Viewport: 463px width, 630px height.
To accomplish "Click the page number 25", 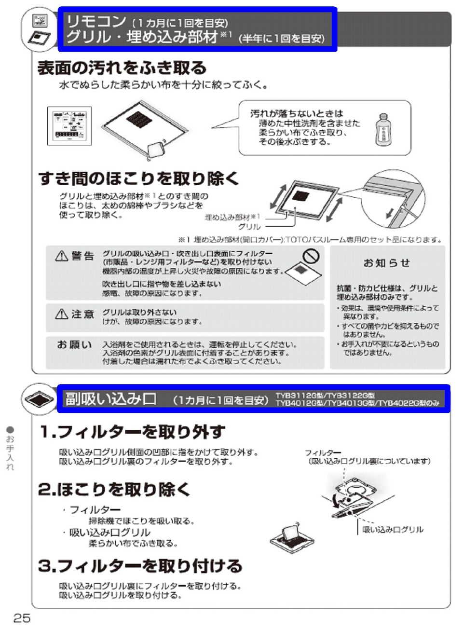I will coord(22,618).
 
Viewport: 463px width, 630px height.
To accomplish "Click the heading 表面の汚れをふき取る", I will coord(122,68).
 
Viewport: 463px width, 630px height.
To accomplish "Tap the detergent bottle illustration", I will coord(382,129).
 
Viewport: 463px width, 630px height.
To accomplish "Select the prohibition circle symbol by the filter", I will coord(311,256).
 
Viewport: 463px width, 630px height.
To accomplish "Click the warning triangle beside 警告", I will coord(62,256).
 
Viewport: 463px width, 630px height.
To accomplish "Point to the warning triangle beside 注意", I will coord(62,315).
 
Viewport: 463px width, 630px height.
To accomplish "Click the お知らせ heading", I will coord(387,263).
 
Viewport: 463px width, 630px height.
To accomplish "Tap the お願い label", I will coord(74,344).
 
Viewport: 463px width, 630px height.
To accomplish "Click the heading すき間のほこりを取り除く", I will coord(139,178).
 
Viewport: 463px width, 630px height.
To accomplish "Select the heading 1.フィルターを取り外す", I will coord(132,431).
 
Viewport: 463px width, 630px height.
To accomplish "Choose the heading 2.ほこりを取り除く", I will coord(114,489).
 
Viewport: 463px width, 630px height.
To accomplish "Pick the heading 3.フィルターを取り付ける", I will coord(140,565).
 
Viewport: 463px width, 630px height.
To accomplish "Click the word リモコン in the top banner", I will coord(96,21).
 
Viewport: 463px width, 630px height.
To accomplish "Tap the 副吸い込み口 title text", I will coord(111,399).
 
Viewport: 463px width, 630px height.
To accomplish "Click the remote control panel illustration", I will coord(69,125).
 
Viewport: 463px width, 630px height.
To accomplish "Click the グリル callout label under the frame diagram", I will coord(249,227).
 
